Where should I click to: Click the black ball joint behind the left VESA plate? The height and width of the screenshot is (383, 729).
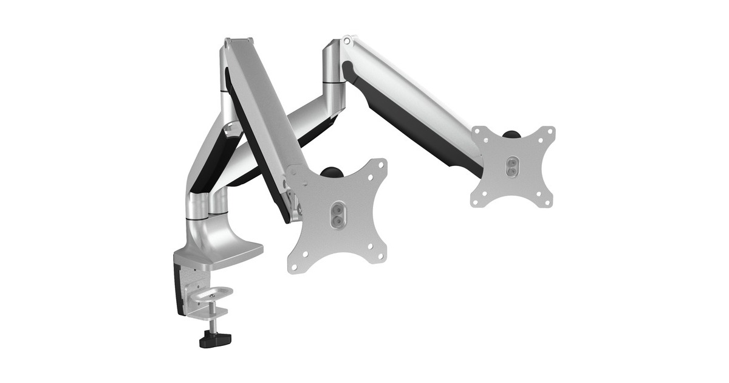tap(331, 172)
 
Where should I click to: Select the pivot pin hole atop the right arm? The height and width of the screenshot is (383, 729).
tap(347, 41)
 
